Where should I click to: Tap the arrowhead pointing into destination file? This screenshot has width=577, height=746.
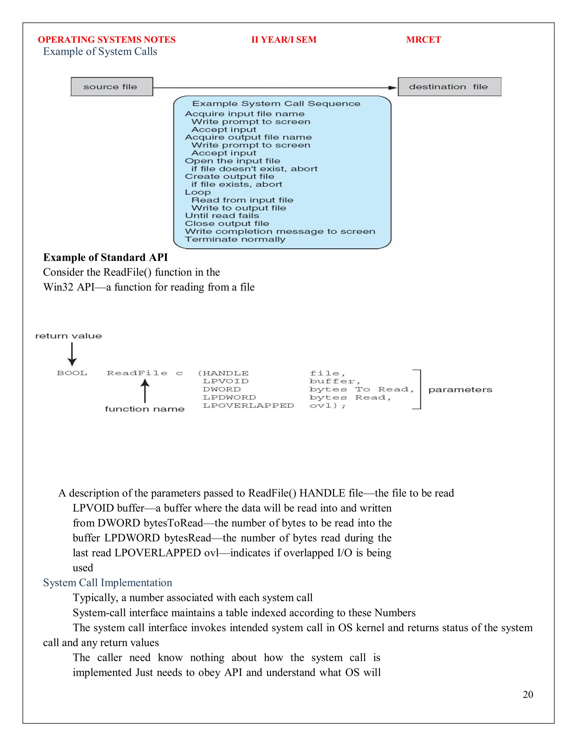(393, 88)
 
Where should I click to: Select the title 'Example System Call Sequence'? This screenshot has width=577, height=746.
(276, 104)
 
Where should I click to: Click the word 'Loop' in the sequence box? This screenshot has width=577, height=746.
(197, 192)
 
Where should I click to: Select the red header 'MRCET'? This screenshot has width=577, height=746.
(423, 40)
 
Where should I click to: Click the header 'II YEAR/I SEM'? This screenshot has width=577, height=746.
(284, 40)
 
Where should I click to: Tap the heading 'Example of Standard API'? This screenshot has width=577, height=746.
(105, 257)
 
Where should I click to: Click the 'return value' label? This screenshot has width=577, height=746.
(68, 336)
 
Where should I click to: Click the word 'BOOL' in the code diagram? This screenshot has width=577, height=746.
(72, 373)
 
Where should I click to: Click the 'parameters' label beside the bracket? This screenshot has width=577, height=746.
(460, 390)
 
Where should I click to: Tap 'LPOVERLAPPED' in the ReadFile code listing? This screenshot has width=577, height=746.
(248, 405)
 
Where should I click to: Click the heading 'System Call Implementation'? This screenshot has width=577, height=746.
(107, 582)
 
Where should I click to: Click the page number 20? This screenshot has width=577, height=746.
(527, 694)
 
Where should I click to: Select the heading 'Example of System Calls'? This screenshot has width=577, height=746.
(100, 52)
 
